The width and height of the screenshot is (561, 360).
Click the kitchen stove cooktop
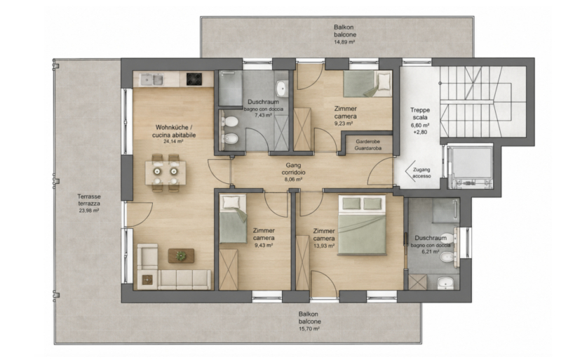(194, 79)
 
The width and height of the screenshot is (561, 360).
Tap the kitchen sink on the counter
(151, 79)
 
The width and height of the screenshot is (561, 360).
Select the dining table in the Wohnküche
(165, 173)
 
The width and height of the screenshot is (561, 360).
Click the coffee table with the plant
(181, 255)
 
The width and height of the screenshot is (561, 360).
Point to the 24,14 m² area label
(173, 142)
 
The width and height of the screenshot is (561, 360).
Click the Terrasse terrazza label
(89, 200)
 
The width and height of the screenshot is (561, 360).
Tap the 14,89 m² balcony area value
(344, 42)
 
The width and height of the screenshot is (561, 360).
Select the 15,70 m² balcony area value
(309, 328)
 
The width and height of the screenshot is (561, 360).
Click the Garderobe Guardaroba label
(368, 145)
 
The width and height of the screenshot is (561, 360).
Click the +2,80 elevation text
(419, 132)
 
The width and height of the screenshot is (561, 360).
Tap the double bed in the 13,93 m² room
(363, 225)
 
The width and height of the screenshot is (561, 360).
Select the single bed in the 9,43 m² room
(233, 218)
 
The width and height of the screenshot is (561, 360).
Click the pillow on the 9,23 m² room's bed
(384, 81)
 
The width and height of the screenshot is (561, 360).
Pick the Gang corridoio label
(295, 168)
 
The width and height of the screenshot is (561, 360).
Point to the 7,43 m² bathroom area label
(264, 115)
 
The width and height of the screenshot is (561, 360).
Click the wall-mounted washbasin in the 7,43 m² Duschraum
(282, 88)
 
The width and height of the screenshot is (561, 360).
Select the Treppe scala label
(420, 114)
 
